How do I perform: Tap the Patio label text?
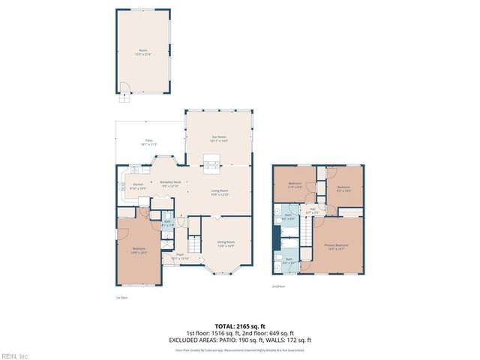point(148,142)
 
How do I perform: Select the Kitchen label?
point(138,186)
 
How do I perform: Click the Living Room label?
point(219,191)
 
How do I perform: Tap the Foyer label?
point(180,256)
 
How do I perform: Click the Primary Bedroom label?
point(336,247)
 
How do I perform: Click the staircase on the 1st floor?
point(193,244)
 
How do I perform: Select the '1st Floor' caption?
point(121,298)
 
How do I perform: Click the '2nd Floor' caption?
point(278,286)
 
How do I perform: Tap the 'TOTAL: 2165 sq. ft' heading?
point(239,325)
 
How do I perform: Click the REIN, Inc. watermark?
point(15,355)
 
